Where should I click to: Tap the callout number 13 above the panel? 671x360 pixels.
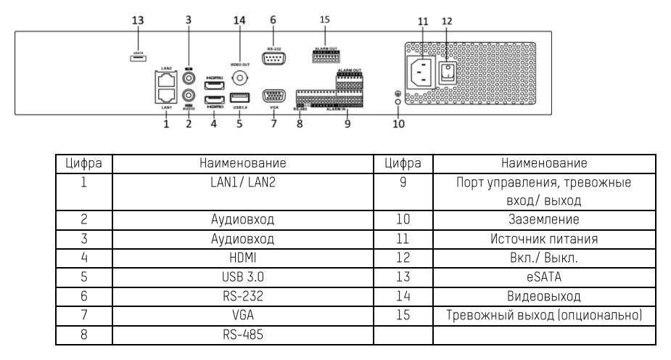point(138,20)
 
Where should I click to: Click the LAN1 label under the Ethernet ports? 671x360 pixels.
point(166,107)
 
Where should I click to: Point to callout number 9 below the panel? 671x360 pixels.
point(347,124)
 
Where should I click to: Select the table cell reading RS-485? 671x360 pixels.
point(242,335)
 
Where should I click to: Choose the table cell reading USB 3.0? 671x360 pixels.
point(242,277)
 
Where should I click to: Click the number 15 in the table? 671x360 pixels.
point(403,316)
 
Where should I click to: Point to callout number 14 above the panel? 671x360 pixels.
point(240,20)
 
